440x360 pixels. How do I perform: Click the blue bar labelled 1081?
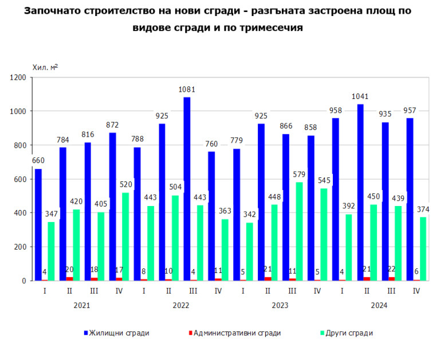pyautogui.click(x=187, y=189)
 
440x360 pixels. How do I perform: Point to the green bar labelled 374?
pyautogui.click(x=423, y=248)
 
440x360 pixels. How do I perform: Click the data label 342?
pyautogui.click(x=250, y=215)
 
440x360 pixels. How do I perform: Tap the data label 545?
pyautogui.click(x=324, y=180)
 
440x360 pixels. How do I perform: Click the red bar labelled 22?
pyautogui.click(x=391, y=279)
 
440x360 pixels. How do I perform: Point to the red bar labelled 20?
pyautogui.click(x=69, y=279)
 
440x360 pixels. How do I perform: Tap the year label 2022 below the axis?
pyautogui.click(x=180, y=305)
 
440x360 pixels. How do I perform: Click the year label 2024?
pyautogui.click(x=379, y=305)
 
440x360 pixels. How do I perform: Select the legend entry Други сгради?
pyautogui.click(x=349, y=333)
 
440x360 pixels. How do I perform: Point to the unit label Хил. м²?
pyautogui.click(x=45, y=67)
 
